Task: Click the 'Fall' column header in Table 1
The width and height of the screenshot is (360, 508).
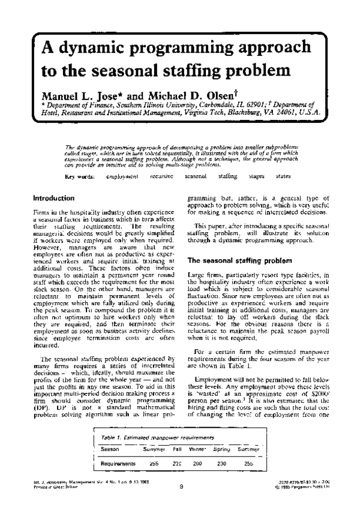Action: pos(177,449)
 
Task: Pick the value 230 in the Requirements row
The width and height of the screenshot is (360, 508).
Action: pos(222,464)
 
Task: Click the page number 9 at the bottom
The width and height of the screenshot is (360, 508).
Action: pos(181,488)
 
